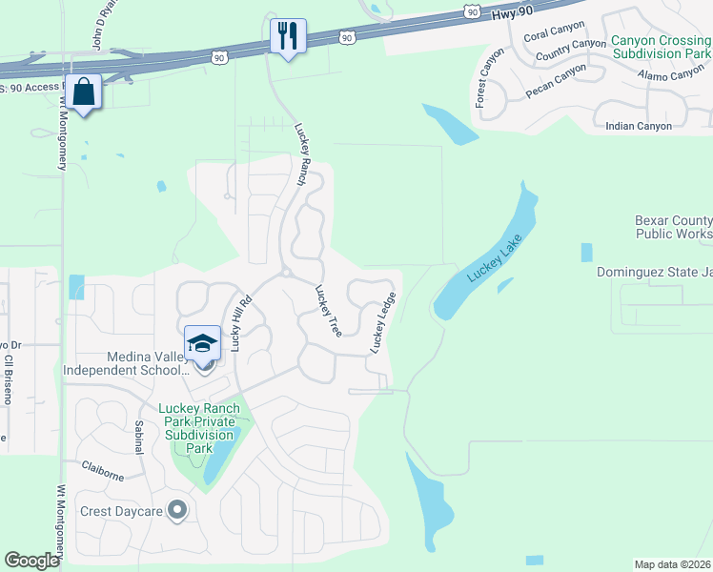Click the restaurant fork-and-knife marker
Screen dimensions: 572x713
pos(288,36)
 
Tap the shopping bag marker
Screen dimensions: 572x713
pos(84,92)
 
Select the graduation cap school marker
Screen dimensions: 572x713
pos(202,342)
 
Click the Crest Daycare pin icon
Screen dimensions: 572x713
pos(175,511)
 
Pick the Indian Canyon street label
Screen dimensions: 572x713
pos(639,126)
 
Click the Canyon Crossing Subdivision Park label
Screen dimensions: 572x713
pos(661,48)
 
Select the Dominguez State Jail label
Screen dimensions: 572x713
pos(654,272)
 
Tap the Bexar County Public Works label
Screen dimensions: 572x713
pos(673,227)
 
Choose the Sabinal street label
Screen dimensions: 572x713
pos(139,436)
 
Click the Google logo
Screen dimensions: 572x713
pos(32,561)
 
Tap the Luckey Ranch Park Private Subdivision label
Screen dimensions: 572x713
pos(199,427)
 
